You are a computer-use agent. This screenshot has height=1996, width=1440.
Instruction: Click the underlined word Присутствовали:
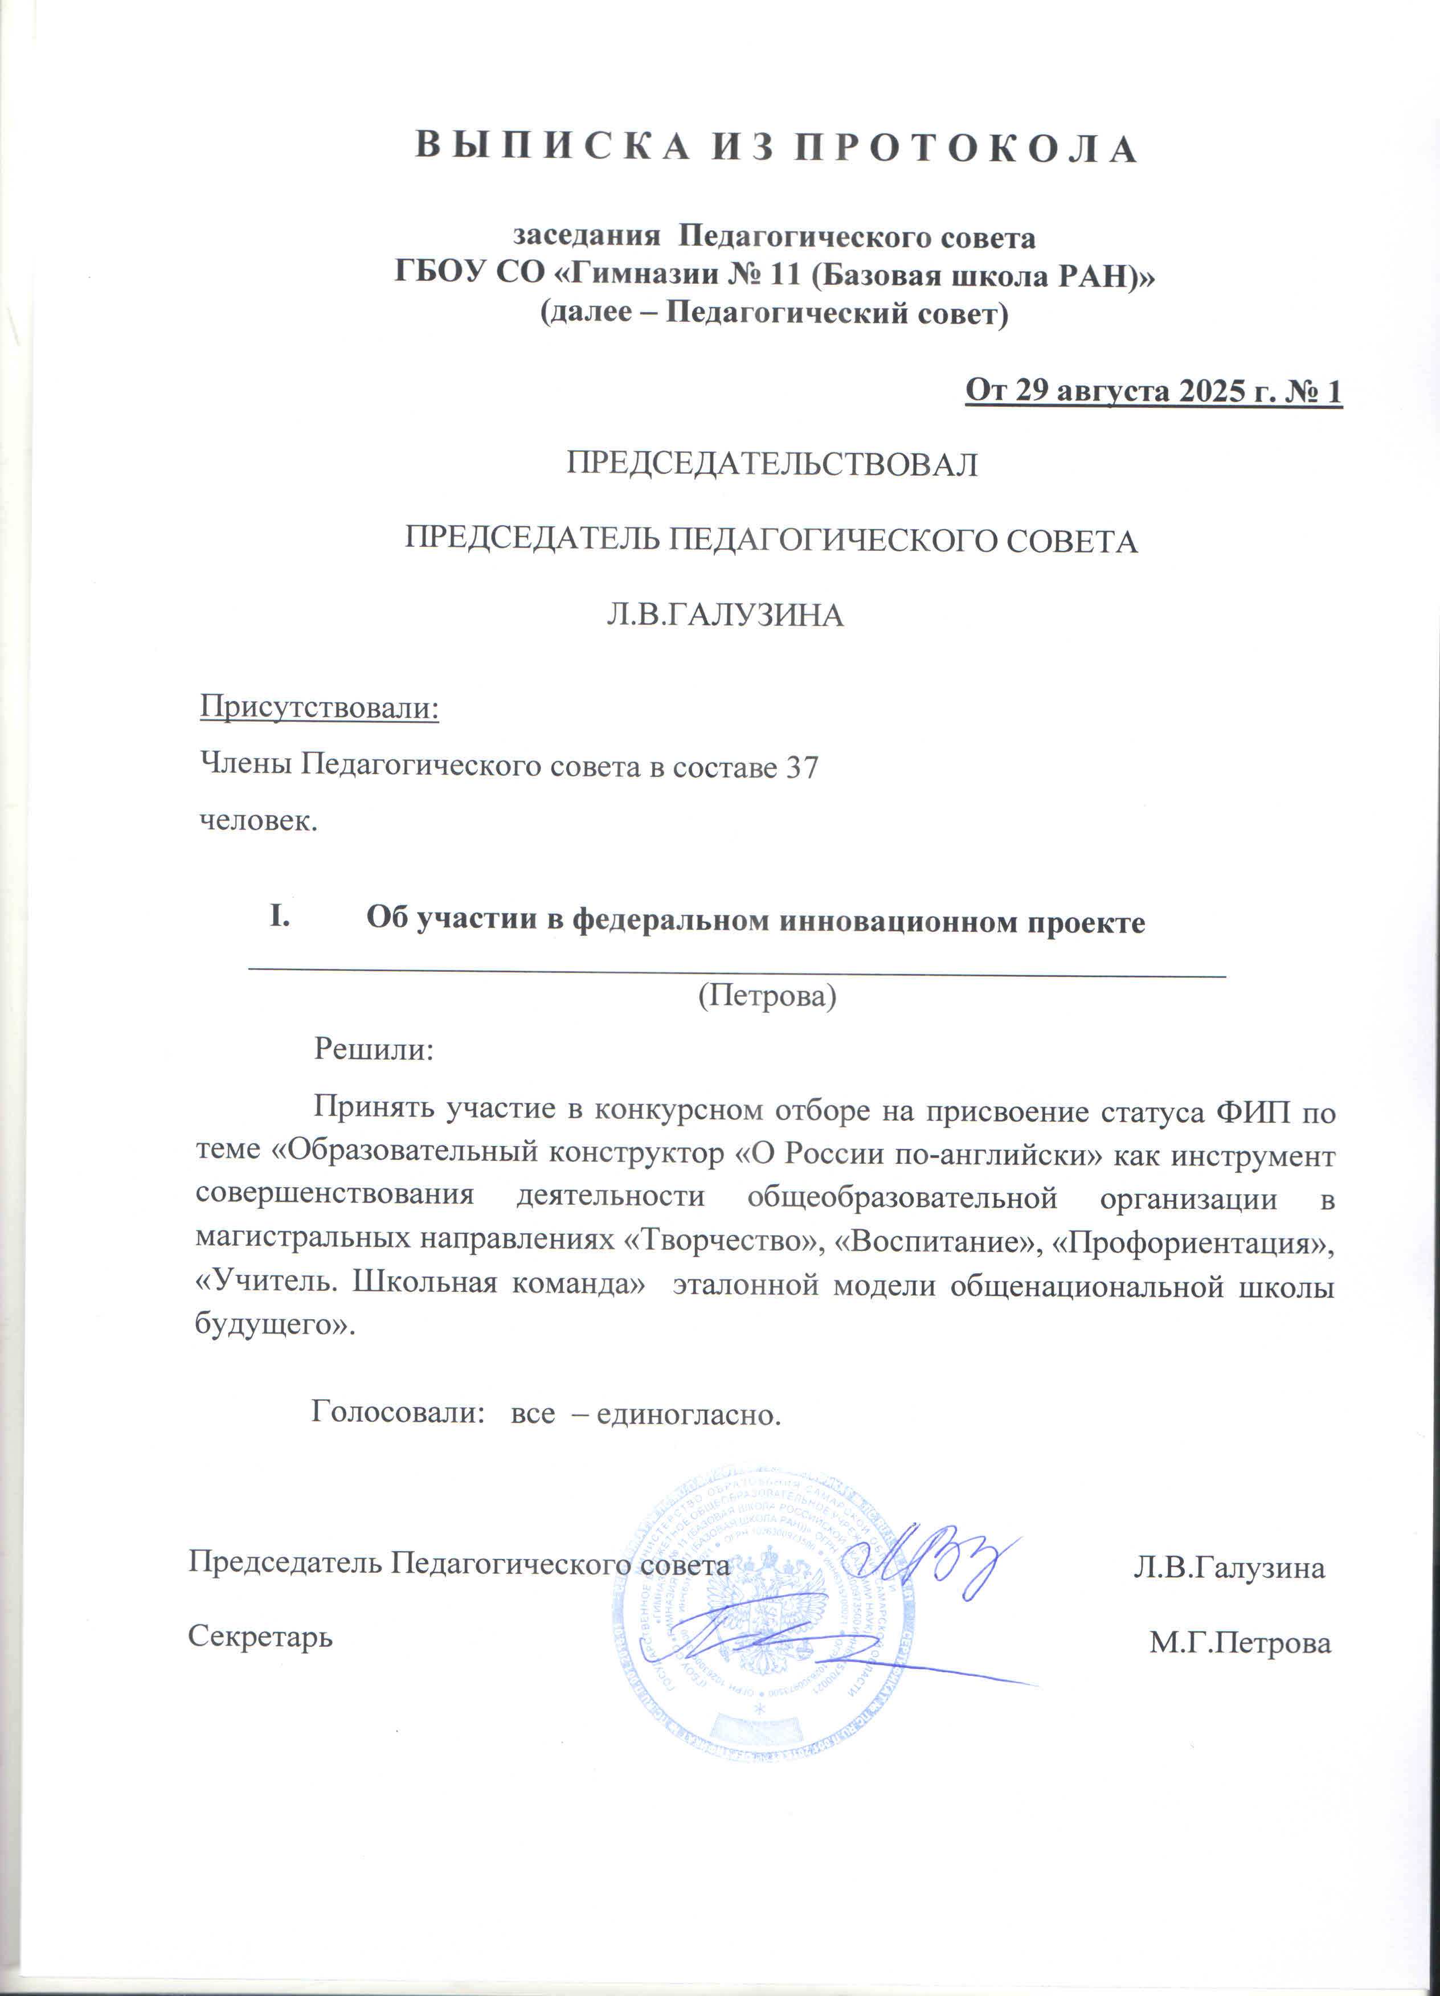[320, 706]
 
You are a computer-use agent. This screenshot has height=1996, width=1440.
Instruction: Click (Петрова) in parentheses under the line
[767, 995]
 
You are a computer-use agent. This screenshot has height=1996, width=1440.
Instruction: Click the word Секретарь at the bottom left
[260, 1636]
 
